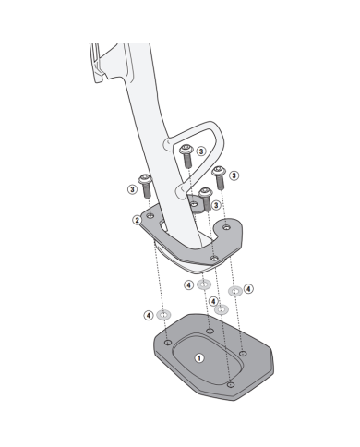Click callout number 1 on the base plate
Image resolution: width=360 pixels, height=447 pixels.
pos(199,358)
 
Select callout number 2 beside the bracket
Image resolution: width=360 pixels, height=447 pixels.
pos(138,220)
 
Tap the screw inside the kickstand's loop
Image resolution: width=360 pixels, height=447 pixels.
pos(186,156)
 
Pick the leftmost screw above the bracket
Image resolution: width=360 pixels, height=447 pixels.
pos(145,186)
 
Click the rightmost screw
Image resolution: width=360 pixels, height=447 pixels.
pos(219,178)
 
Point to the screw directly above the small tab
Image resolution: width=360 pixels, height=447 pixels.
pos(206,199)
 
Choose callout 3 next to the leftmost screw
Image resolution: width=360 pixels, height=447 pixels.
pos(132,189)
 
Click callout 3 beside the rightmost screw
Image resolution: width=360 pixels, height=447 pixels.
pos(234,175)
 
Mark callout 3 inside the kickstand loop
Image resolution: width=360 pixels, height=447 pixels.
pos(201,151)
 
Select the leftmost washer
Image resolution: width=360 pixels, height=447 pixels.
pos(163,315)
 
